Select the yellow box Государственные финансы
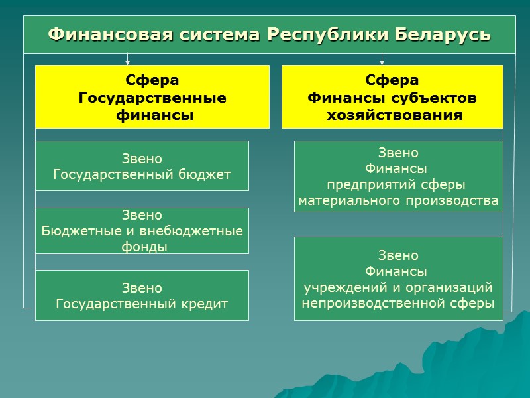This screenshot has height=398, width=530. tap(152, 97)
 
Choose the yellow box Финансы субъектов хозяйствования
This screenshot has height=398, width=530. tap(392, 97)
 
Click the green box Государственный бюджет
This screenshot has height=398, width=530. tap(142, 166)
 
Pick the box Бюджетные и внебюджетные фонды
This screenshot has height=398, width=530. tap(142, 231)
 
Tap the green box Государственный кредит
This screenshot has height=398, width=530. tap(142, 296)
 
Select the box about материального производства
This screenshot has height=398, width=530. tap(398, 176)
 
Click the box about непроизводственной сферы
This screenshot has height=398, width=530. tap(398, 279)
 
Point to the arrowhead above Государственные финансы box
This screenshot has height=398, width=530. tap(127, 62)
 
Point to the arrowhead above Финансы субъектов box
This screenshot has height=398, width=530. tap(382, 62)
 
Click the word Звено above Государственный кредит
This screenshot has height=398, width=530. tap(142, 288)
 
